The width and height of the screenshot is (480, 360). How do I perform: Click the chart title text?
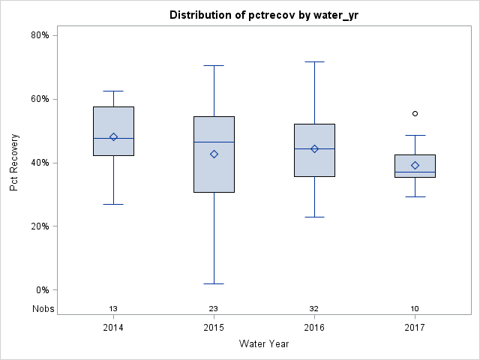click(264, 15)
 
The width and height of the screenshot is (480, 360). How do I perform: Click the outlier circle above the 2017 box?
click(415, 113)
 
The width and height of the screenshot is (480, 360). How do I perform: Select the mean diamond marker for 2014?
click(113, 136)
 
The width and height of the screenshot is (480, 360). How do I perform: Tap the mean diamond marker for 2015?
click(214, 154)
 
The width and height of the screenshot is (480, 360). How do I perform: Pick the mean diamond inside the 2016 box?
click(314, 148)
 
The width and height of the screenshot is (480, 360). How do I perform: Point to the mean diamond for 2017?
click(415, 165)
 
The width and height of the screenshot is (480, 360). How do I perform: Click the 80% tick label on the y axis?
click(40, 35)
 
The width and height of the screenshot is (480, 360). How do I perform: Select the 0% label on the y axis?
click(42, 290)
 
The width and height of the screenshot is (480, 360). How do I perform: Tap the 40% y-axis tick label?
click(40, 163)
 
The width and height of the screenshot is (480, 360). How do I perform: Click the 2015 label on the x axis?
click(214, 327)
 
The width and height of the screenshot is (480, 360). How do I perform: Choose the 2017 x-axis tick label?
click(415, 327)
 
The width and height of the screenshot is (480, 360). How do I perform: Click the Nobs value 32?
click(314, 309)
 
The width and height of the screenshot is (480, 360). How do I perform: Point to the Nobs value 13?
click(113, 309)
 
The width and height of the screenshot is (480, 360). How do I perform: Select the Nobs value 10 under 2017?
click(415, 309)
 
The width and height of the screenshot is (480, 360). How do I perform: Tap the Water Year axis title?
click(264, 344)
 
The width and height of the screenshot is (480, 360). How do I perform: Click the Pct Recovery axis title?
click(14, 163)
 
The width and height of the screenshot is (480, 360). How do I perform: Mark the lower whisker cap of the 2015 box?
click(214, 283)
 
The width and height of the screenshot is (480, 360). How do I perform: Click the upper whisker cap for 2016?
click(314, 61)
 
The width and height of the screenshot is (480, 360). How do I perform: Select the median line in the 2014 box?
click(113, 139)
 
